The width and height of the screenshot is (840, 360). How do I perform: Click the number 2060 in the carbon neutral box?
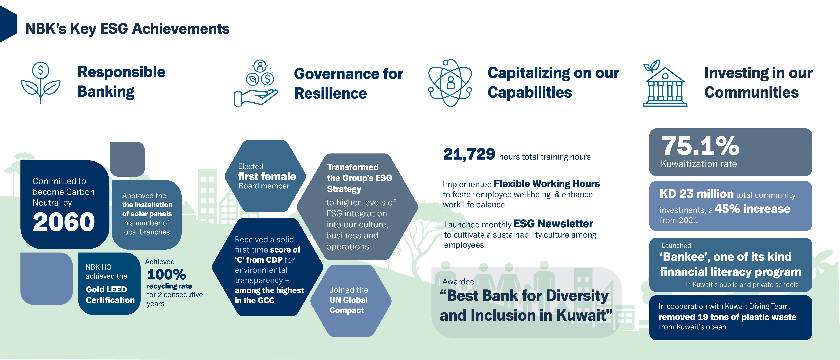[64, 222]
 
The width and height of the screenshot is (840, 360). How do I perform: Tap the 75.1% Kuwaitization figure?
[700, 146]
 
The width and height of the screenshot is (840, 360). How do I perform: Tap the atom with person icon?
[450, 83]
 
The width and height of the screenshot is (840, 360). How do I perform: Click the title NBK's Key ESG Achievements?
[128, 29]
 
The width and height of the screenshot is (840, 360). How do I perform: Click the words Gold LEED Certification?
[110, 295]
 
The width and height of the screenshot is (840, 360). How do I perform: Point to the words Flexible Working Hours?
[547, 184]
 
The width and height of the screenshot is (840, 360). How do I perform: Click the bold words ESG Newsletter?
[553, 224]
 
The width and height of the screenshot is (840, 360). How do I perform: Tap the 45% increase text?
[753, 209]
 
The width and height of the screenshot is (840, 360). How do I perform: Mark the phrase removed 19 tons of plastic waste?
[728, 317]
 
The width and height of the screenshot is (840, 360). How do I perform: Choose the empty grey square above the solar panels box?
[127, 159]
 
